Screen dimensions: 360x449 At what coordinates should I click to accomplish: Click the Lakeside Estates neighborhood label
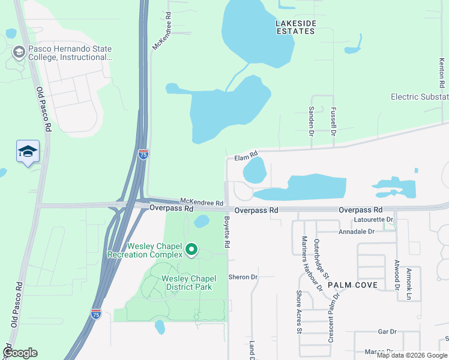click(x=295, y=27)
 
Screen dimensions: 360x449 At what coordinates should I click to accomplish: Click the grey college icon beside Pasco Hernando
click(x=19, y=52)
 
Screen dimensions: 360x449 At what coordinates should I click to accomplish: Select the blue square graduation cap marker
click(x=28, y=151)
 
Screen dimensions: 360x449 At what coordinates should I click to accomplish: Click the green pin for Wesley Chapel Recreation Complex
click(x=191, y=248)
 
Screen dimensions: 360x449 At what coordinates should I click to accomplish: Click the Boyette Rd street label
click(x=227, y=233)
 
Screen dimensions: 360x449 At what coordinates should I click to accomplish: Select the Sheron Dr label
click(x=243, y=277)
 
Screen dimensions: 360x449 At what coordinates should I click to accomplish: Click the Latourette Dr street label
click(x=373, y=220)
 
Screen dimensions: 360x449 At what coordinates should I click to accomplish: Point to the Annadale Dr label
click(x=357, y=231)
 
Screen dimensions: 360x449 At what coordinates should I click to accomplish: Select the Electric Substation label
click(x=419, y=97)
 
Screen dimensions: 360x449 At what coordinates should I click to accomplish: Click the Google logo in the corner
click(x=20, y=353)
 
